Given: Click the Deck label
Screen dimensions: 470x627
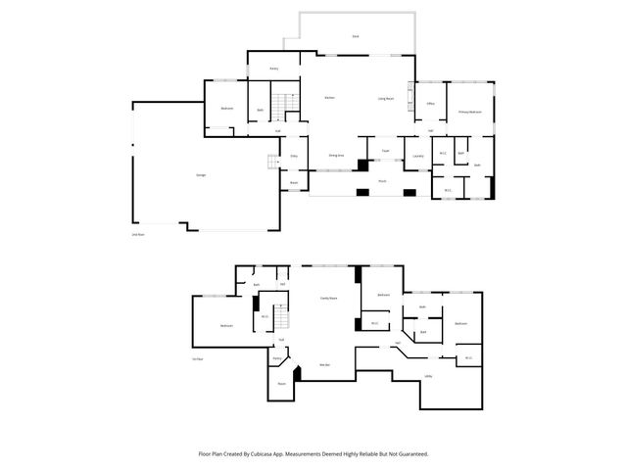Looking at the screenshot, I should click(x=355, y=36).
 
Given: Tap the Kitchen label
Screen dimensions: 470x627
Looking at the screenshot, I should click(x=330, y=98).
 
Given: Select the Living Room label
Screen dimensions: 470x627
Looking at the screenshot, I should click(x=386, y=99).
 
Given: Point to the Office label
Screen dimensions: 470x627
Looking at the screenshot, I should click(x=430, y=104).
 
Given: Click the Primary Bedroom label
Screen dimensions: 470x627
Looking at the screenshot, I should click(x=470, y=113).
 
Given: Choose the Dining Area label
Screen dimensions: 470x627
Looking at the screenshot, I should click(x=334, y=156).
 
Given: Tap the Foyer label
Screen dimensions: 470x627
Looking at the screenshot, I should click(x=386, y=151).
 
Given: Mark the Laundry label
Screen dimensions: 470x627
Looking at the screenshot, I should click(x=417, y=156).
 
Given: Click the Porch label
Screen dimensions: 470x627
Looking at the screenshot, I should click(x=382, y=181).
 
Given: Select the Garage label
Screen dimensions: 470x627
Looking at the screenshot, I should click(x=200, y=175).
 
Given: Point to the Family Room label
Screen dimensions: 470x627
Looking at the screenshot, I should click(x=328, y=298).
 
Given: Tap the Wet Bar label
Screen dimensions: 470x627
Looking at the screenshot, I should click(x=324, y=365).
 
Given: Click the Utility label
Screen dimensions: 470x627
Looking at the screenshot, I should click(x=429, y=376).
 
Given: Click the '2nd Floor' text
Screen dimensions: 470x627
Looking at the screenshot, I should click(x=137, y=235).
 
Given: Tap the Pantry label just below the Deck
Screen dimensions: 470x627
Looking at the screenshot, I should click(x=277, y=69).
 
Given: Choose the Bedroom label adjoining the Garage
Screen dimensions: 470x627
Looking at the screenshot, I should click(x=226, y=108).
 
